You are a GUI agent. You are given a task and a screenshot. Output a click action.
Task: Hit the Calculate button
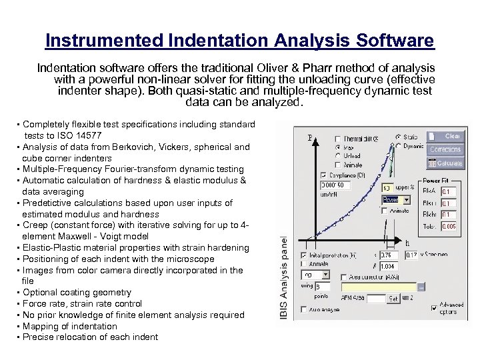tap(445, 163)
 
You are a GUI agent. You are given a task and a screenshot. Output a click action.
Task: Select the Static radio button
tap(398, 137)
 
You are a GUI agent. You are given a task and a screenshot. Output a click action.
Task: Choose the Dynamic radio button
tap(398, 145)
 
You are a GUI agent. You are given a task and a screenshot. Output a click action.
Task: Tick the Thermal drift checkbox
tap(339, 139)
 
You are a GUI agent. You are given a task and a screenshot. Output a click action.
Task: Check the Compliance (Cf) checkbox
tap(324, 175)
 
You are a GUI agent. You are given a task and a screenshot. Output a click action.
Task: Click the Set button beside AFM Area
tap(393, 299)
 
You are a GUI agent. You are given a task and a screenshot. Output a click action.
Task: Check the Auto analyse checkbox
tap(305, 309)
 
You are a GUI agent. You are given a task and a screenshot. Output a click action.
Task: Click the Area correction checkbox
tap(343, 277)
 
